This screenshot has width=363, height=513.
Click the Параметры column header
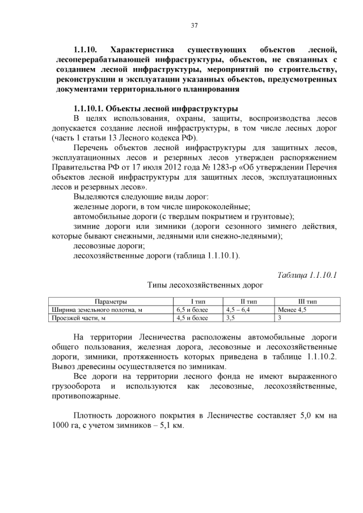pyautogui.click(x=111, y=302)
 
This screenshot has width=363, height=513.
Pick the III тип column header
pyautogui.click(x=307, y=302)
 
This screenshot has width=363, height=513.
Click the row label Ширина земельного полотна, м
pyautogui.click(x=96, y=310)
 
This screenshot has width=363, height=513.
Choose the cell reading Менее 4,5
pyautogui.click(x=293, y=310)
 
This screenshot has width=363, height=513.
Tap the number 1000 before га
pyautogui.click(x=61, y=425)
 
